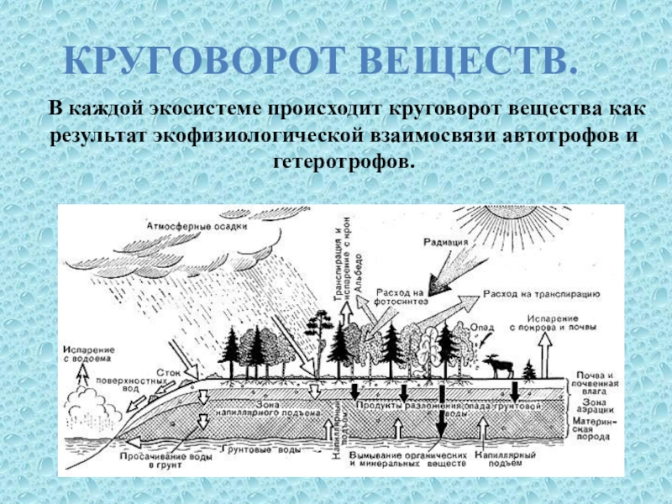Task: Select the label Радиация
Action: [x=446, y=244]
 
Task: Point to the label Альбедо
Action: [x=358, y=269]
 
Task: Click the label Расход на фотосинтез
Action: [x=402, y=295]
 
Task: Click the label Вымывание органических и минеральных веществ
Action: [x=406, y=457]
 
